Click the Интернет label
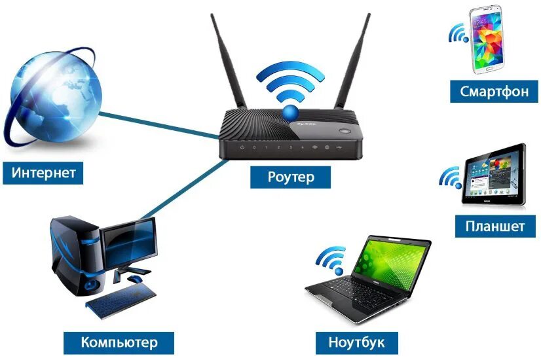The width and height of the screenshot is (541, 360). (44, 173)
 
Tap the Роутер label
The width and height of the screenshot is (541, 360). (291, 176)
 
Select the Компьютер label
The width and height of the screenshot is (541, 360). (119, 341)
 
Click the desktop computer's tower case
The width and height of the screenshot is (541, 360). (75, 255)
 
